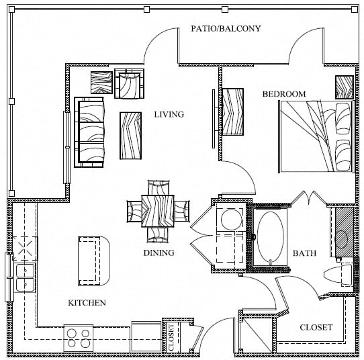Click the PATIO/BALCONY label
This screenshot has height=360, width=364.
226,29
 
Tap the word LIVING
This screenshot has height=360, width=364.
169,114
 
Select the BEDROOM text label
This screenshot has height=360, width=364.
284,94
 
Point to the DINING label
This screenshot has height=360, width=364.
158,253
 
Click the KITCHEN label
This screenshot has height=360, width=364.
87,303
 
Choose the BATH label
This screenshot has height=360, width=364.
304,253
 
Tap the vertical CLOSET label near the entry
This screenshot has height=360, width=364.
171,337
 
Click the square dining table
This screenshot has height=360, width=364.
158,211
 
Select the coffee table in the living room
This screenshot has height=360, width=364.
131,136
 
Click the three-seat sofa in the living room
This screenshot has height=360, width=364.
89,132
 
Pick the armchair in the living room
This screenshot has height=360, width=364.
130,84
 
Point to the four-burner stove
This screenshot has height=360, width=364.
79,339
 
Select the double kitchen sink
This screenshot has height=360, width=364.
25,277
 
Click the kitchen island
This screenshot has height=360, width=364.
94,261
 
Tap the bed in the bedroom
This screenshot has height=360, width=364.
316,136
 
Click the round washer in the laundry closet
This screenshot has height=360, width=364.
230,220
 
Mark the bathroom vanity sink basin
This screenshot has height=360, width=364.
341,239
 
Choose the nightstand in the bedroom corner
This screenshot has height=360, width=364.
345,87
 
